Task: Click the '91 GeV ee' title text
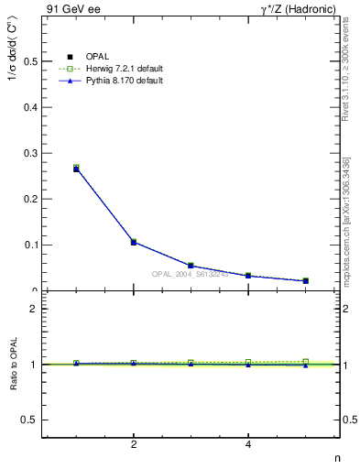pyautogui.click(x=72, y=9)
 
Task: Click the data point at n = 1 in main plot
pyautogui.click(x=76, y=169)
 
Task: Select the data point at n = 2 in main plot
pyautogui.click(x=134, y=242)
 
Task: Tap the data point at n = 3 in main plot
pyautogui.click(x=191, y=266)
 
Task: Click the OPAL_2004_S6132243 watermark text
pyautogui.click(x=190, y=274)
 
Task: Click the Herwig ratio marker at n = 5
pyautogui.click(x=305, y=362)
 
